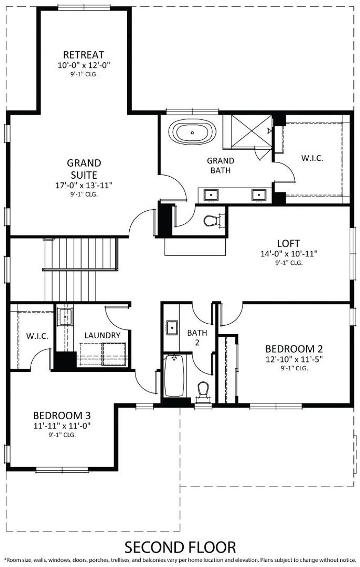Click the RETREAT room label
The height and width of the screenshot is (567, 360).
click(83, 55)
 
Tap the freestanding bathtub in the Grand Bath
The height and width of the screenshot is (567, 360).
click(192, 132)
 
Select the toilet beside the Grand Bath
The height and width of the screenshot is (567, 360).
click(212, 221)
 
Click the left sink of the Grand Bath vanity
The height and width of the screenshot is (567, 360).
click(211, 195)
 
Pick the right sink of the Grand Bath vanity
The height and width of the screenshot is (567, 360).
click(259, 195)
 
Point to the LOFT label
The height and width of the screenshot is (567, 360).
click(289, 243)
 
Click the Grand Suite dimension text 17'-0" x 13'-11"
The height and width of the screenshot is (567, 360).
click(84, 185)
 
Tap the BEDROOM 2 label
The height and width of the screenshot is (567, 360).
click(294, 349)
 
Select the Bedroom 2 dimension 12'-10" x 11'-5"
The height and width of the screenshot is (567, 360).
click(294, 359)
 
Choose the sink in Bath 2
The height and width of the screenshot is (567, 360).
click(172, 328)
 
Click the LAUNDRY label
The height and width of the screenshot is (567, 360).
click(102, 336)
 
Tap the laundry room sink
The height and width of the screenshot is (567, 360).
click(65, 317)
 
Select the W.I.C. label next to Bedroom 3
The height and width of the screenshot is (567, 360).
click(37, 336)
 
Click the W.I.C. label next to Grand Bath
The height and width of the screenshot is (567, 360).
click(312, 158)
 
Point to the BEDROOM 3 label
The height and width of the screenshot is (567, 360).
click(62, 416)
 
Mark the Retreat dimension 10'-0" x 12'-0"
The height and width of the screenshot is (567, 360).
click(84, 65)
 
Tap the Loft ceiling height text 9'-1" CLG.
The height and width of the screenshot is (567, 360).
click(289, 263)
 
